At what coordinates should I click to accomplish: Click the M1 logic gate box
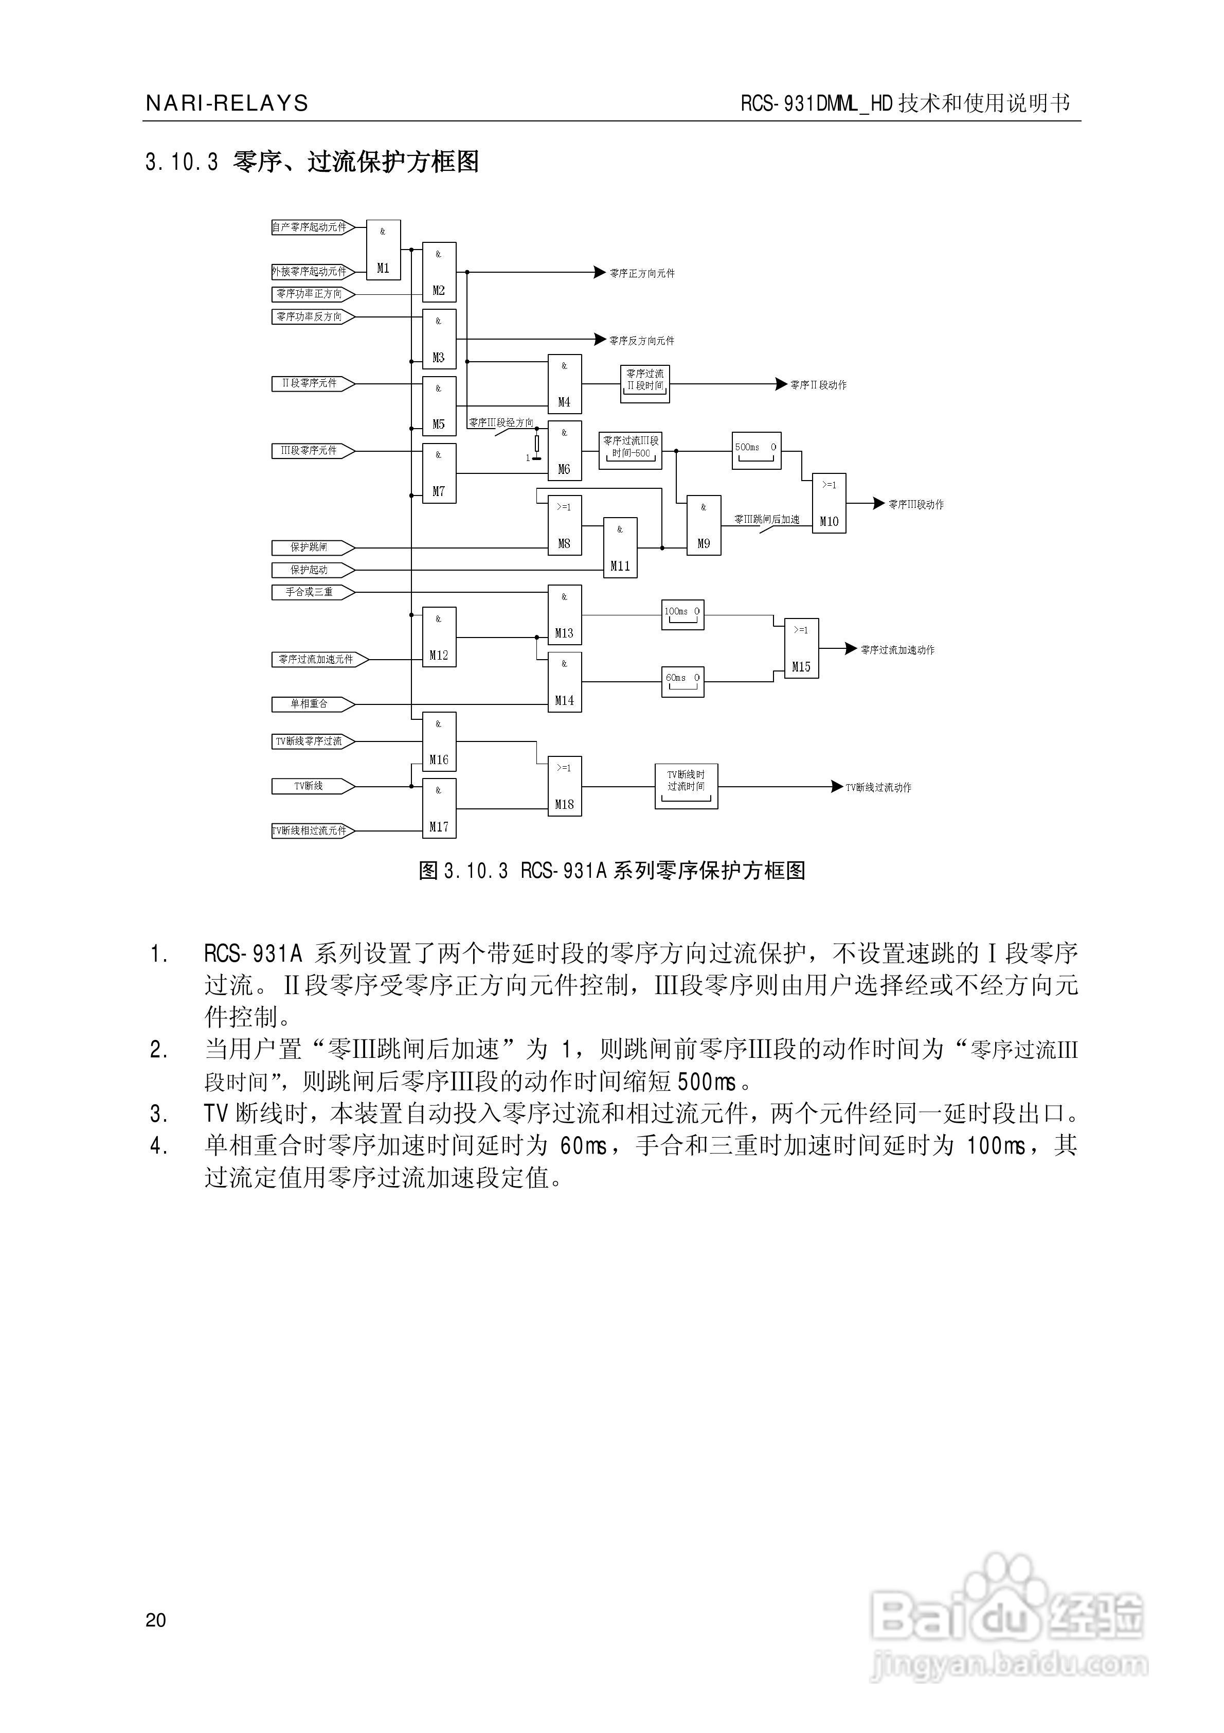(x=383, y=250)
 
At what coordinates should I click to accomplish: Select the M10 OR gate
(x=829, y=503)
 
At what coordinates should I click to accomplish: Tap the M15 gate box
(x=801, y=648)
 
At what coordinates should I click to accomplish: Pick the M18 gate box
(x=565, y=786)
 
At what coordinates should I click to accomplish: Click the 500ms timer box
(x=756, y=451)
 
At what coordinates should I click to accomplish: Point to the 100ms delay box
(x=683, y=615)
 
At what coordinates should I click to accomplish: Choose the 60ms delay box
(x=683, y=682)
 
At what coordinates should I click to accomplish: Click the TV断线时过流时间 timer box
(x=686, y=786)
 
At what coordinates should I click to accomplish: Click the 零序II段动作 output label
(x=818, y=385)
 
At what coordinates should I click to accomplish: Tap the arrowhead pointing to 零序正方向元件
(x=600, y=273)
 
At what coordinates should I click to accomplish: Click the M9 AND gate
(x=704, y=525)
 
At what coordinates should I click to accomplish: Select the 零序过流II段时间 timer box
(x=645, y=383)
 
